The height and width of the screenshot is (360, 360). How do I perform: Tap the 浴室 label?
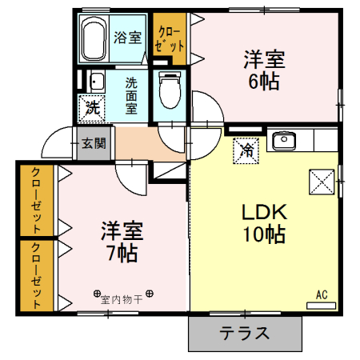pos(126,36)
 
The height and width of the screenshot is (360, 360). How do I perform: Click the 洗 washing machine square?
pos(91,106)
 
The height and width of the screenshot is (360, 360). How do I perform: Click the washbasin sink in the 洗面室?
pos(95,81)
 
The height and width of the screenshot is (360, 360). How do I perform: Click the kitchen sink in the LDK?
pos(284,142)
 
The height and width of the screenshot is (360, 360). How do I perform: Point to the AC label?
pos(322,295)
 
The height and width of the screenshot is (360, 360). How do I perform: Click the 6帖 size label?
pos(262,81)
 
